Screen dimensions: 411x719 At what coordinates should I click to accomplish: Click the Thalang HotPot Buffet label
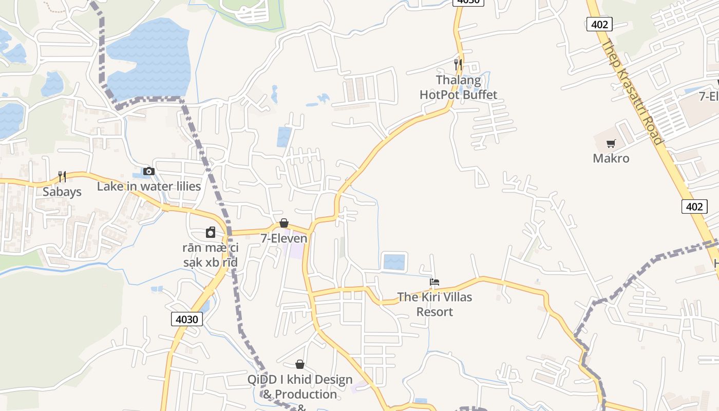coord(458,87)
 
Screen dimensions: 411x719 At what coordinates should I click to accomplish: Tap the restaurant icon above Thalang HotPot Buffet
coord(458,64)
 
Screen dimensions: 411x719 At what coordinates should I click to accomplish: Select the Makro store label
coord(611,158)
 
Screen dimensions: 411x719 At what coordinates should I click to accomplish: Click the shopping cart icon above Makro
coord(611,144)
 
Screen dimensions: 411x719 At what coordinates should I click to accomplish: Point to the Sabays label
coord(62,192)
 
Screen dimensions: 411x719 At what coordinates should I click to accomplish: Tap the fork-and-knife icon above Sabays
coord(62,177)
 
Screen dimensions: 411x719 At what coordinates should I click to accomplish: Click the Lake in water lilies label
coord(149,186)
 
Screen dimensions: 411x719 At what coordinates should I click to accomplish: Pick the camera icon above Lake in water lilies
coord(149,171)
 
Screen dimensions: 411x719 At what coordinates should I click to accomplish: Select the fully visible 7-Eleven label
coord(283,238)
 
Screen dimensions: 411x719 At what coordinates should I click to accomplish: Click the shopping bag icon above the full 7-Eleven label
coord(283,223)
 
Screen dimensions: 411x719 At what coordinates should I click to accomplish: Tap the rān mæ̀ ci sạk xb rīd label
coord(211,255)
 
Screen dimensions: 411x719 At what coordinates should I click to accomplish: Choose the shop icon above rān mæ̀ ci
coord(211,233)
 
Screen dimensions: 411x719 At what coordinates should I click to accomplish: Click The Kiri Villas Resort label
coord(434,304)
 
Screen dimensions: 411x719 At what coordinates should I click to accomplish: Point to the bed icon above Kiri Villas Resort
coord(434,282)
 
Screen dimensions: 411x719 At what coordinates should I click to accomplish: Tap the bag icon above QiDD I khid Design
coord(300,364)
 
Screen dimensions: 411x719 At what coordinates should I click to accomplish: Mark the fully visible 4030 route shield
coord(186,319)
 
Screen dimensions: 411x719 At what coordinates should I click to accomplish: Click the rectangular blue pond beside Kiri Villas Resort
coord(394,262)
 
